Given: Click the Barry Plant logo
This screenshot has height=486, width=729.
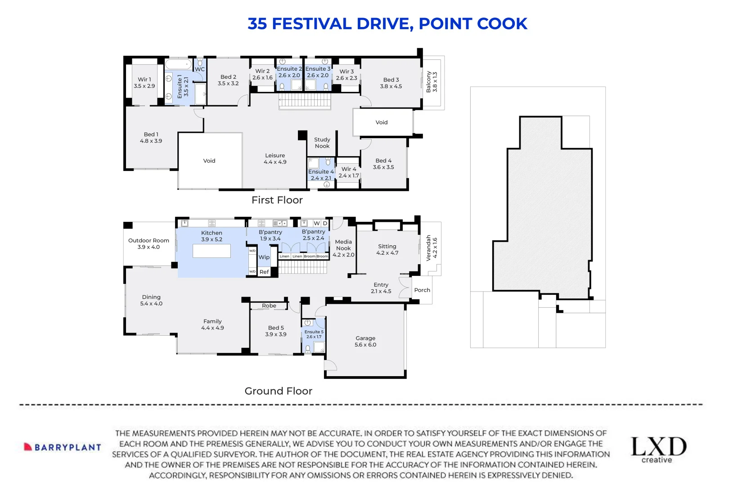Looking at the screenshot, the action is pyautogui.click(x=63, y=447).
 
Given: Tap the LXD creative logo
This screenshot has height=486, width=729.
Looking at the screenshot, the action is pyautogui.click(x=659, y=450).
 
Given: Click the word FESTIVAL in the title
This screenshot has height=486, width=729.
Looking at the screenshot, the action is pyautogui.click(x=312, y=24).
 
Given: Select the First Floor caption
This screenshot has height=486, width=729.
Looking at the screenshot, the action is pyautogui.click(x=277, y=200).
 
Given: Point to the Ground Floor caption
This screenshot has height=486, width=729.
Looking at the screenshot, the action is pyautogui.click(x=278, y=391).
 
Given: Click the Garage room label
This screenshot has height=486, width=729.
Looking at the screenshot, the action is pyautogui.click(x=365, y=338).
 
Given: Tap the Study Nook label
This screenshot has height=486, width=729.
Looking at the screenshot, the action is pyautogui.click(x=322, y=143).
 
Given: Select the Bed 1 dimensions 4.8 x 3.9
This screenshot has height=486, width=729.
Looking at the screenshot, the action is pyautogui.click(x=151, y=141).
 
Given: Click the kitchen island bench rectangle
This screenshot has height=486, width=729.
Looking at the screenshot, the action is pyautogui.click(x=211, y=251).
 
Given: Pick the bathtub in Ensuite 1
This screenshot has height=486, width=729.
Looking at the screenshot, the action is pyautogui.click(x=179, y=64).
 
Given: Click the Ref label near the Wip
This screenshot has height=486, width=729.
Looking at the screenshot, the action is pyautogui.click(x=264, y=272).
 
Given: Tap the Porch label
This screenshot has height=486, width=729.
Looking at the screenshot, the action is pyautogui.click(x=422, y=290).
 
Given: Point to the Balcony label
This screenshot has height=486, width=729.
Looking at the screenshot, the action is pyautogui.click(x=428, y=82).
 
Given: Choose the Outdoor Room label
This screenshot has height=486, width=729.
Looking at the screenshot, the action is pyautogui.click(x=149, y=241).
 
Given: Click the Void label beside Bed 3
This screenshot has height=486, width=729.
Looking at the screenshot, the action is pyautogui.click(x=382, y=122).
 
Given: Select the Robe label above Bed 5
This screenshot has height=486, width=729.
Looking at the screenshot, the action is pyautogui.click(x=269, y=306).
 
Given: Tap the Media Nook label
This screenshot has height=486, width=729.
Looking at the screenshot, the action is pyautogui.click(x=343, y=245).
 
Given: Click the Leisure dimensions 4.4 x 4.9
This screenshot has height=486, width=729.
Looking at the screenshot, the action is pyautogui.click(x=275, y=162).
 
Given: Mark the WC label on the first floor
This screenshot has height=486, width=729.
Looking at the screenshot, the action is pyautogui.click(x=200, y=69).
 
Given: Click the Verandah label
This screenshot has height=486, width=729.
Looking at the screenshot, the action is pyautogui.click(x=428, y=248).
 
